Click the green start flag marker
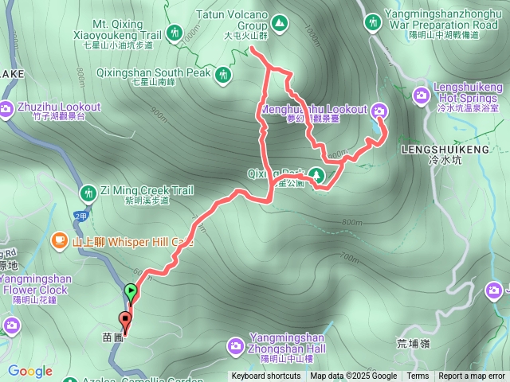point(131,292)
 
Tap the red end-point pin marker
point(125,321)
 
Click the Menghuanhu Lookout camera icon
point(379,110)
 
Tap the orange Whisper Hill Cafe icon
point(59,240)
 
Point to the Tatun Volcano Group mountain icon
point(279,23)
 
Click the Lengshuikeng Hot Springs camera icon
point(422,97)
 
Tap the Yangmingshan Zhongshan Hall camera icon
point(235,345)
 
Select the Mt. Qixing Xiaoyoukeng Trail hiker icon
point(175,33)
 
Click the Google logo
point(30,371)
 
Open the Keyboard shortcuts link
point(266,376)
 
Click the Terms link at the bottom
point(418,376)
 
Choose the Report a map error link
point(472,376)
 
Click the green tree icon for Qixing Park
point(318,175)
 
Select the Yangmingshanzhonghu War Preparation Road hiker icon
point(372,22)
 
